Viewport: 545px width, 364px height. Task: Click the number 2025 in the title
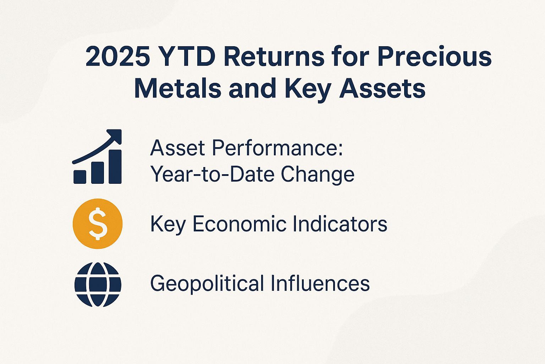pyautogui.click(x=117, y=57)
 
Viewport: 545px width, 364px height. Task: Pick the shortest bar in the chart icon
pyautogui.click(x=80, y=176)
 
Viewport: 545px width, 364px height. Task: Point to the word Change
pyautogui.click(x=318, y=175)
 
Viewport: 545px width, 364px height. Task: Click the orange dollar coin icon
pyautogui.click(x=98, y=224)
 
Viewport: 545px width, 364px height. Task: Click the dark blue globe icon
pyautogui.click(x=98, y=284)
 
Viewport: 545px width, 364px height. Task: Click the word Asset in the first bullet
pyautogui.click(x=177, y=148)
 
